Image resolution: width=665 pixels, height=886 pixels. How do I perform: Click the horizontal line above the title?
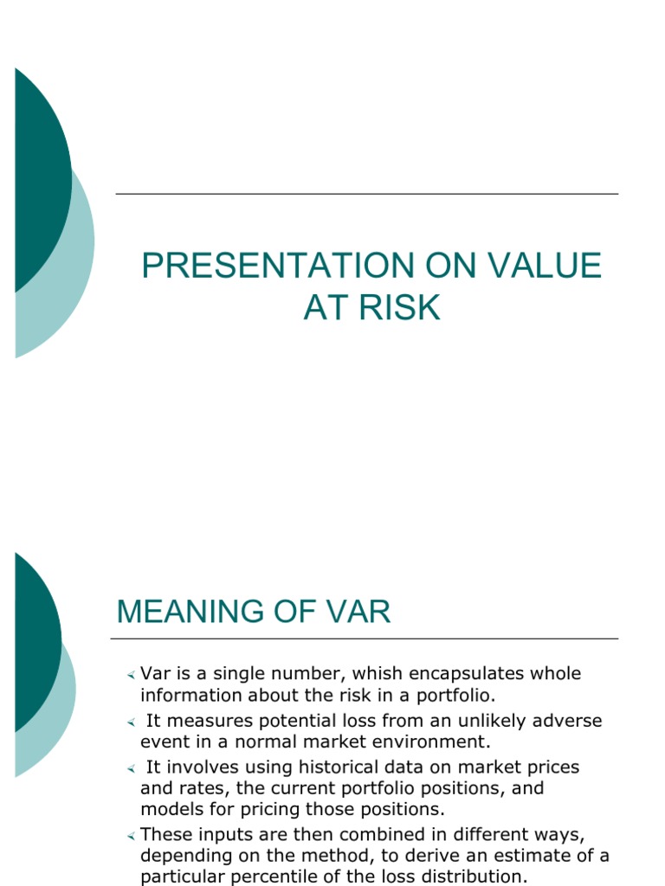coord(367,194)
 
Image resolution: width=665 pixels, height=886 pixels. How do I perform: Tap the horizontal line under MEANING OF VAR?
coord(365,639)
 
